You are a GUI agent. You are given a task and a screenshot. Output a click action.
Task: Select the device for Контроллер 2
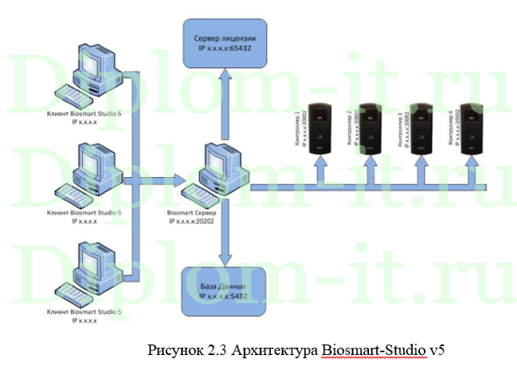pyautogui.click(x=370, y=127)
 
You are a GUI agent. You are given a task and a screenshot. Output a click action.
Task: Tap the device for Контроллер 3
pyautogui.click(x=420, y=127)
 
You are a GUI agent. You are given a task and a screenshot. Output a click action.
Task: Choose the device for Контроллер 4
pyautogui.click(x=470, y=127)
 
